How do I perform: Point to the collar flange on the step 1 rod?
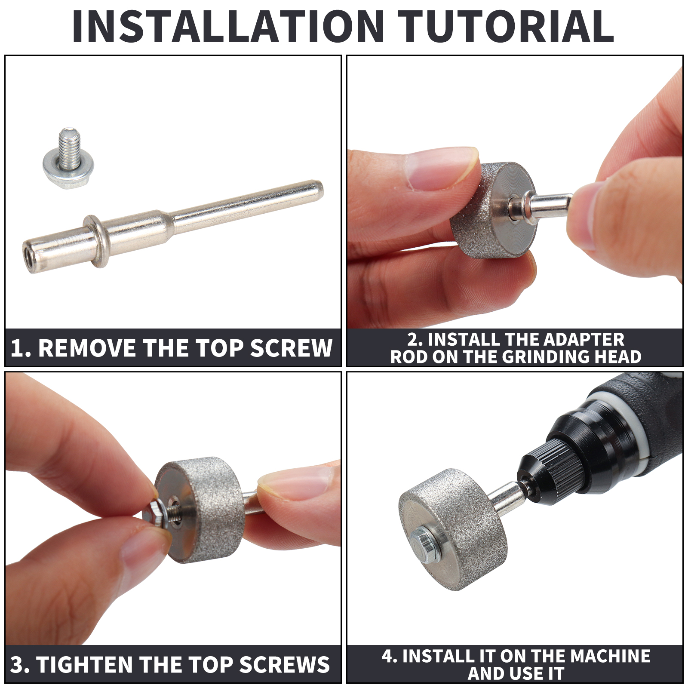[x=97, y=241]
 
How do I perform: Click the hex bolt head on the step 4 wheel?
[x=422, y=545]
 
